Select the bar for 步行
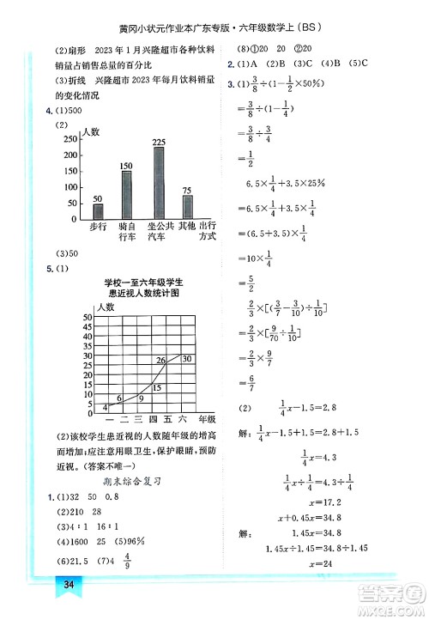tap(98, 210)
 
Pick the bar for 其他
tap(187, 205)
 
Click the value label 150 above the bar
tap(126, 165)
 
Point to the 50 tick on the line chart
tap(87, 318)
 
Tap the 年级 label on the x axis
tap(207, 420)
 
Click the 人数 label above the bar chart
tap(90, 132)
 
